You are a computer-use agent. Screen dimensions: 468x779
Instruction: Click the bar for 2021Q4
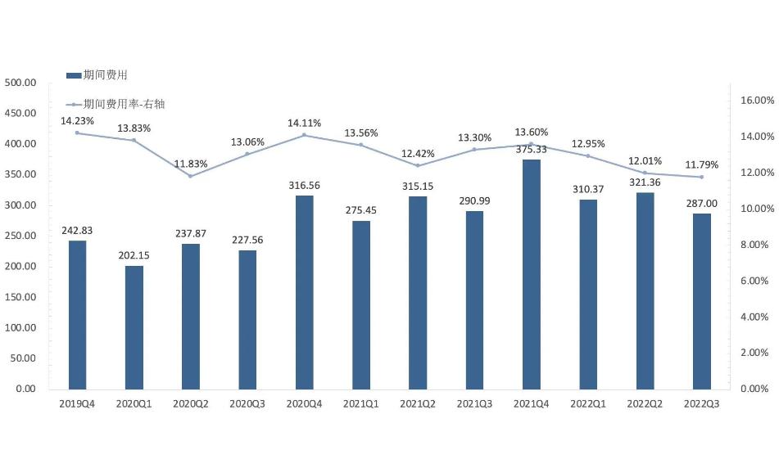click(x=531, y=274)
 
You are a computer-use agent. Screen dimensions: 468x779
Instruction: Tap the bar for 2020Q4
click(x=304, y=292)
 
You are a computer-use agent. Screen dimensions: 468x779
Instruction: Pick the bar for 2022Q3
click(x=701, y=301)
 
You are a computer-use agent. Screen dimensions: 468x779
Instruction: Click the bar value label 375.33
click(x=532, y=149)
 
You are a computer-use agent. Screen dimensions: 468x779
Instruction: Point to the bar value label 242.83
click(x=77, y=231)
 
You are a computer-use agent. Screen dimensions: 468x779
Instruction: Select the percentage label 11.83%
click(x=191, y=163)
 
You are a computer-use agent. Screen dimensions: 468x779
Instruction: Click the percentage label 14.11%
click(x=304, y=124)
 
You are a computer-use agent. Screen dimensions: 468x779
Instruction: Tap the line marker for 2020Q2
click(x=190, y=176)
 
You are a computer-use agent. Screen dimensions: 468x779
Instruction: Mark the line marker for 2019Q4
click(x=77, y=133)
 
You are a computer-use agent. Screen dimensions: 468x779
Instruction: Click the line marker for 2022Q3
click(x=701, y=177)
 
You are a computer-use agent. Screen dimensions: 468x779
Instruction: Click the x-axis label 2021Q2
click(x=418, y=403)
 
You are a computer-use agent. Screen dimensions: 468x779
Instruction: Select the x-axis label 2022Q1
click(x=588, y=403)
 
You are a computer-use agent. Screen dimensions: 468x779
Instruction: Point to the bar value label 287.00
click(x=701, y=204)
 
